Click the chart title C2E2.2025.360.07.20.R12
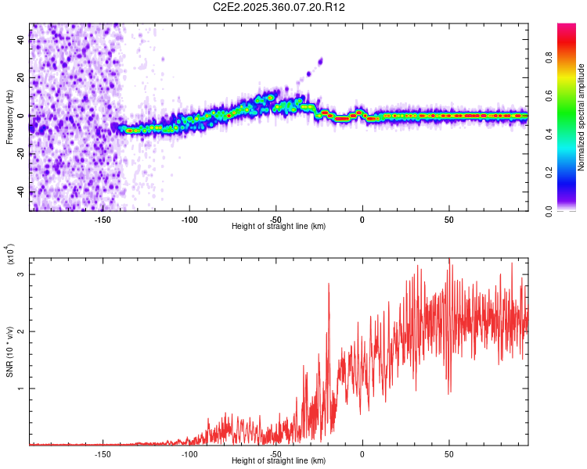(x=279, y=7)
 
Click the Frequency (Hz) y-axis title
(x=9, y=116)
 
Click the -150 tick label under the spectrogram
(x=103, y=220)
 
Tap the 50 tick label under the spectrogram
(x=448, y=220)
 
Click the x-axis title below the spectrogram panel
(x=279, y=227)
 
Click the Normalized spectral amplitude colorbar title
(x=581, y=117)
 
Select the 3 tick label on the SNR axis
(x=21, y=275)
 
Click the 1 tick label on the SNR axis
(x=21, y=388)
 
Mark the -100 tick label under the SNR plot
(x=189, y=454)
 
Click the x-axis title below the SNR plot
(x=279, y=461)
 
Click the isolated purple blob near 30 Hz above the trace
(x=320, y=60)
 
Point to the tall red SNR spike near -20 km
(x=329, y=285)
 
